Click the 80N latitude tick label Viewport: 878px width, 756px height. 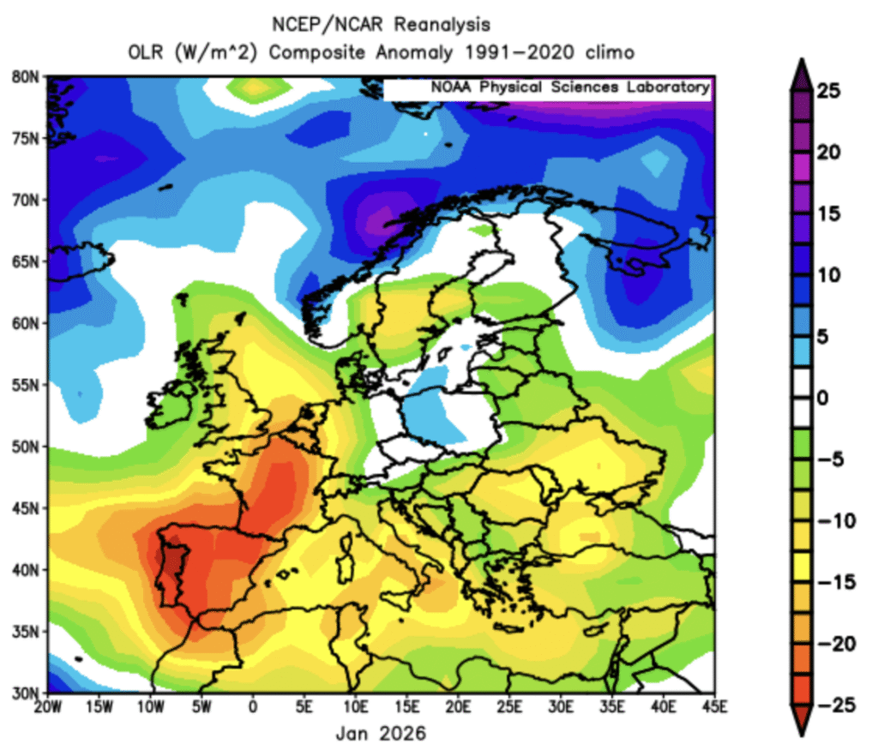tap(27, 76)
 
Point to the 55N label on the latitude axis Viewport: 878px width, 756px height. tap(27, 385)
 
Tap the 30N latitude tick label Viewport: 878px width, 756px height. tap(27, 693)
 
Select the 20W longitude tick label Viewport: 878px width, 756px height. tap(48, 707)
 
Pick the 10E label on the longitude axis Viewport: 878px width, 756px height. tap(356, 707)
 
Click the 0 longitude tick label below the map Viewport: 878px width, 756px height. tap(253, 707)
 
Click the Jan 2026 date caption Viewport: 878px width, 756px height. tap(382, 735)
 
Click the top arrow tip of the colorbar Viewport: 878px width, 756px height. tap(807, 62)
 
